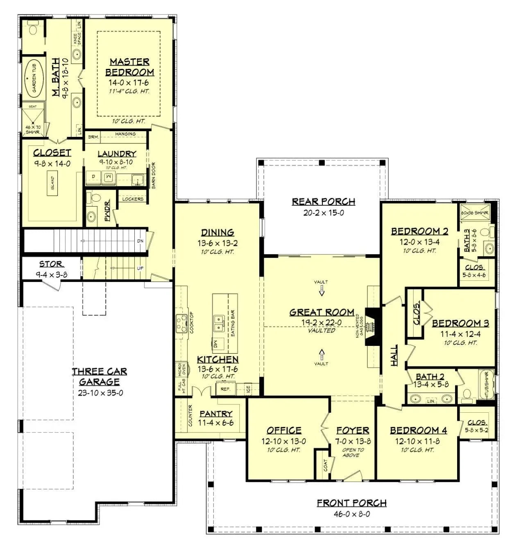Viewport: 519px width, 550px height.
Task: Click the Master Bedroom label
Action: tap(129, 67)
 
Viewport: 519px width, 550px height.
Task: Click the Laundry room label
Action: tap(117, 154)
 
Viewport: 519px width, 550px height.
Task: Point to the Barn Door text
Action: tap(154, 175)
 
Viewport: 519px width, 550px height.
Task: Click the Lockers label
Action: tap(133, 199)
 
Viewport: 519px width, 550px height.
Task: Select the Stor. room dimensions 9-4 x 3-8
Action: tap(51, 275)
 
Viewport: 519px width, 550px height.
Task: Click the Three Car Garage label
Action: tap(100, 377)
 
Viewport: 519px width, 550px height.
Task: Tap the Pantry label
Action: tap(215, 414)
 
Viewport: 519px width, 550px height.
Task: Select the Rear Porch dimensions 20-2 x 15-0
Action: tap(323, 213)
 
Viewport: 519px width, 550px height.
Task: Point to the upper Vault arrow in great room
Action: tap(321, 290)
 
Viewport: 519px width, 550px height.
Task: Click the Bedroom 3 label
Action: tap(460, 323)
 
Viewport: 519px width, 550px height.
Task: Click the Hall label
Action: tap(394, 355)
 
